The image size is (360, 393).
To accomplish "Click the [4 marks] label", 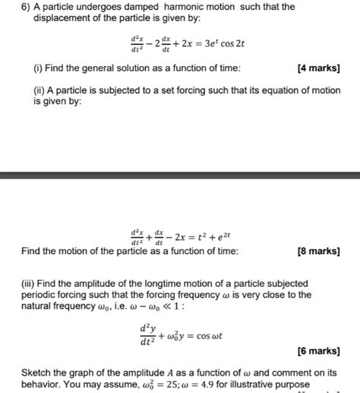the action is [x=320, y=68].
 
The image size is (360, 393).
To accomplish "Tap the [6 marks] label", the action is [x=319, y=351].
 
